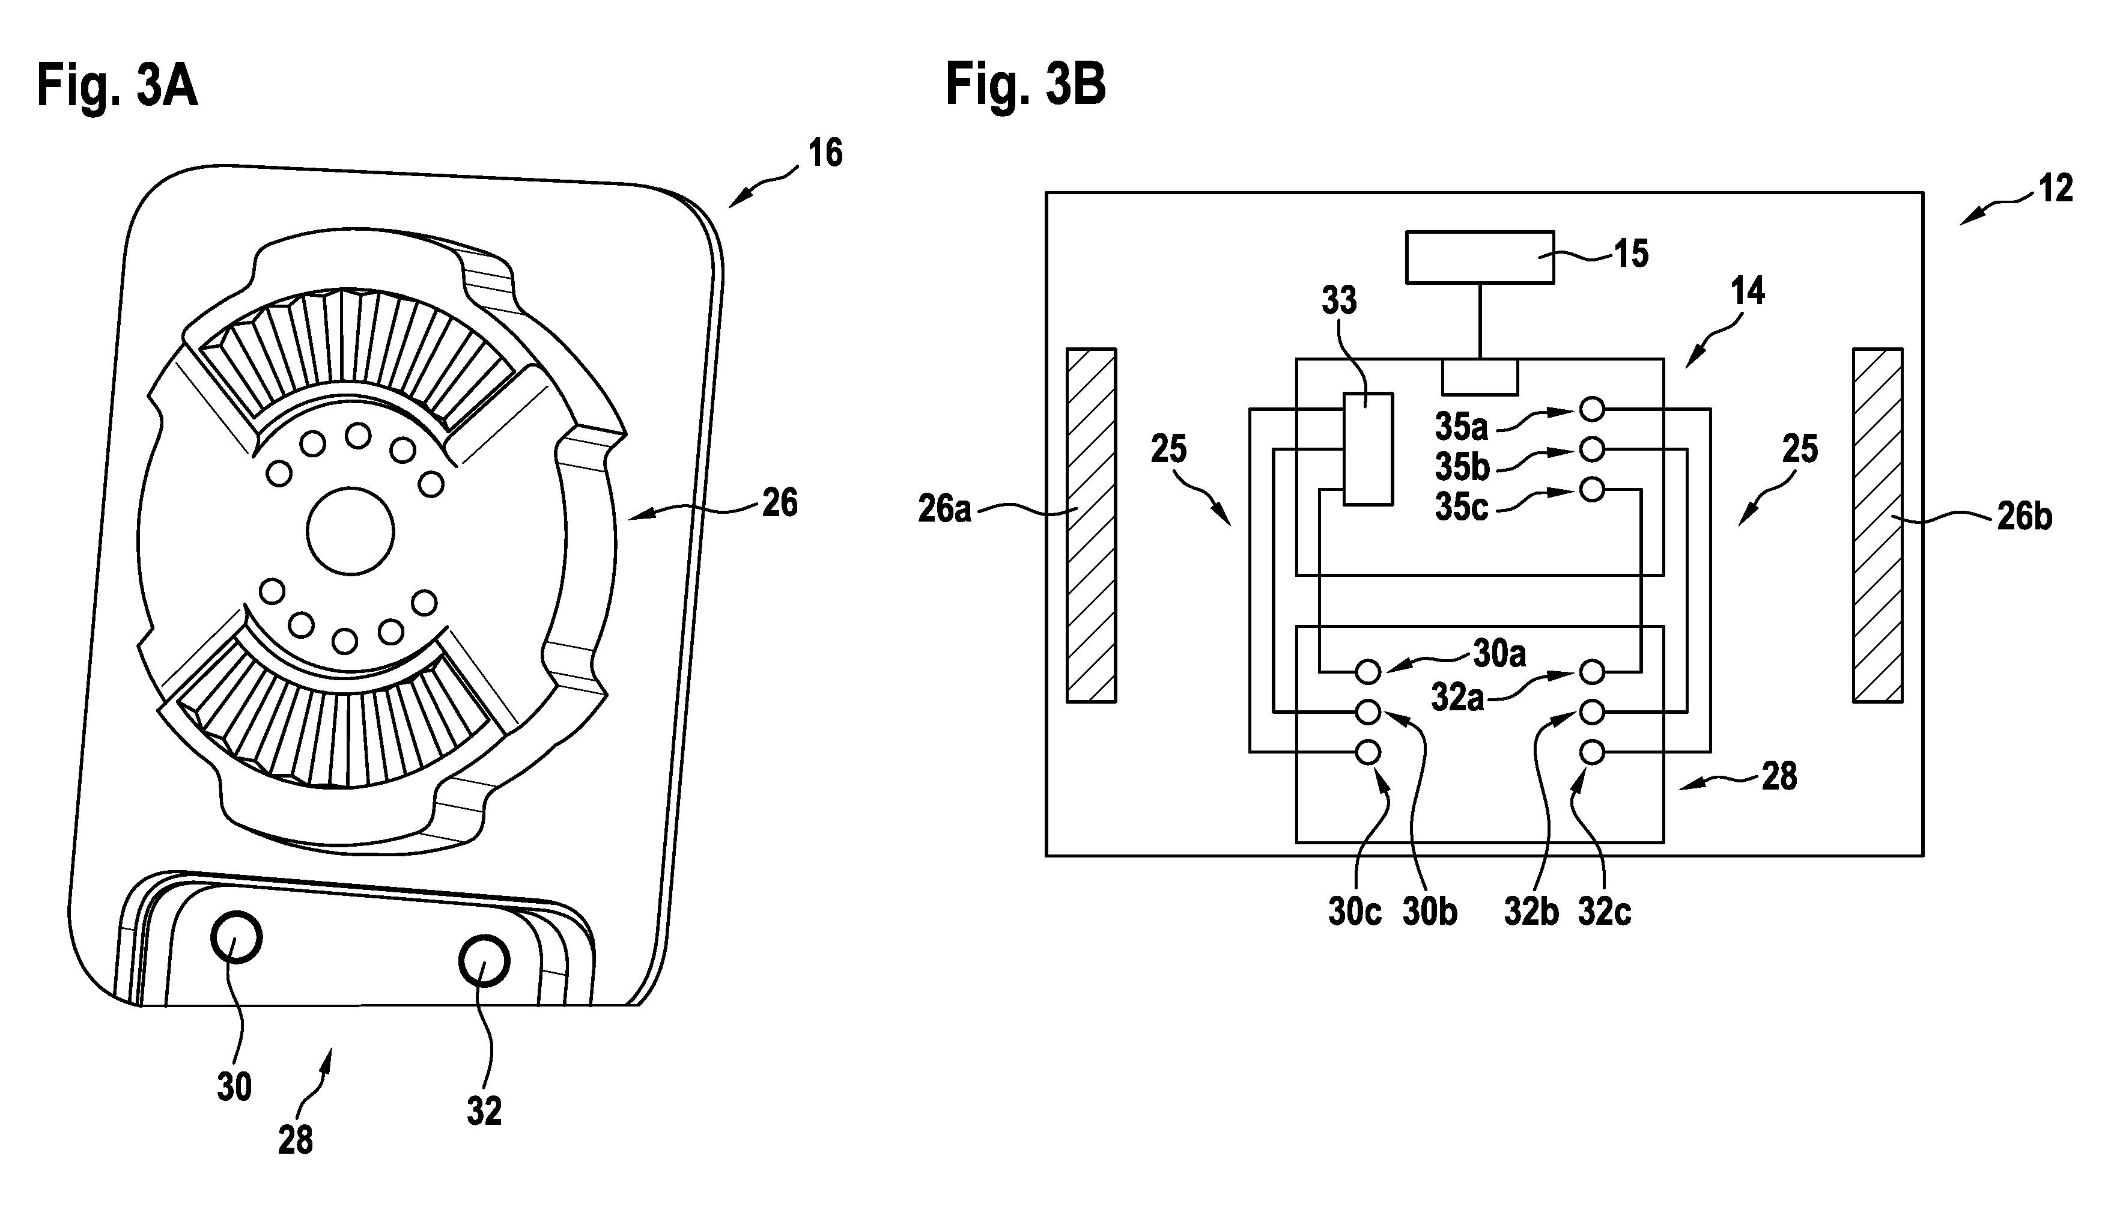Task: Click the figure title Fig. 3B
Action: (x=1025, y=85)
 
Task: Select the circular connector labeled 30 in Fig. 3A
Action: (x=236, y=937)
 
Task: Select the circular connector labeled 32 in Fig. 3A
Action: (x=484, y=961)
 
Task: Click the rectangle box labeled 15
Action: (x=1480, y=257)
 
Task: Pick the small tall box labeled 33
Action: (x=1368, y=448)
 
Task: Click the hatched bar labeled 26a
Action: (x=1092, y=525)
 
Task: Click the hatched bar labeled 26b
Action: (x=1877, y=525)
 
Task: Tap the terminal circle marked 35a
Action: (x=1591, y=409)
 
